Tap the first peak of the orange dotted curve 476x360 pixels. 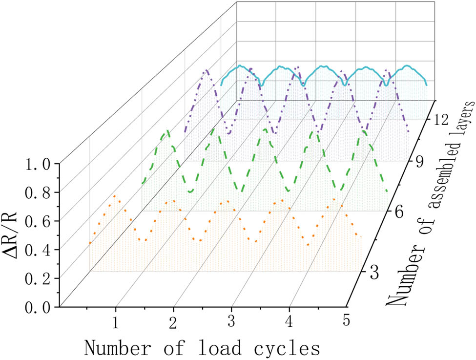115,195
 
